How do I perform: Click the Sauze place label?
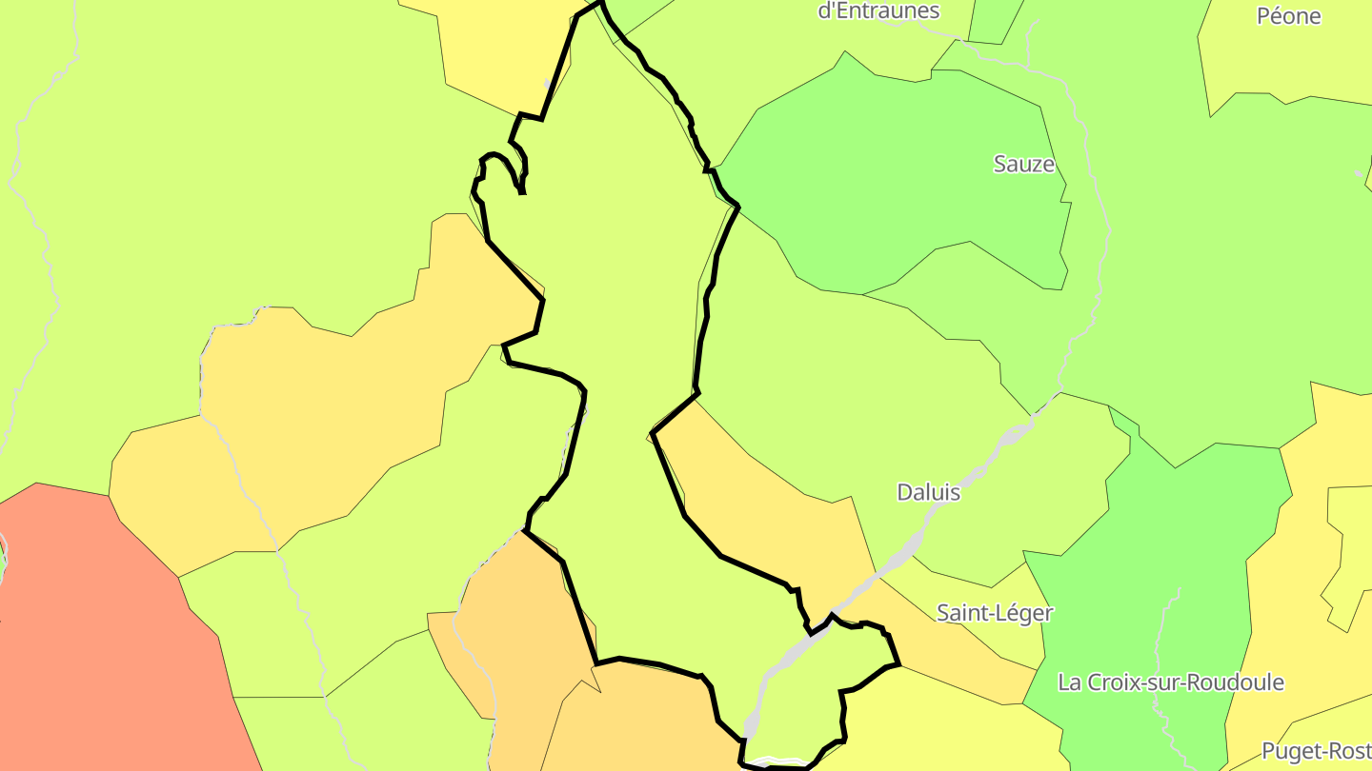[x=1024, y=165]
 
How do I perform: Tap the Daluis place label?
[x=928, y=493]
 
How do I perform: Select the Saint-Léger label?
[x=995, y=613]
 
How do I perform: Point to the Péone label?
[x=1288, y=16]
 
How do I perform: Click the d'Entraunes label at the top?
[x=878, y=11]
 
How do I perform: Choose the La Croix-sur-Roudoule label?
[x=1170, y=682]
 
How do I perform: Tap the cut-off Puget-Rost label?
[x=1316, y=751]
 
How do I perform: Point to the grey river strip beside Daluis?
[x=953, y=495]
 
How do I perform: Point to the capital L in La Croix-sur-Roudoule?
[x=1064, y=682]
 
